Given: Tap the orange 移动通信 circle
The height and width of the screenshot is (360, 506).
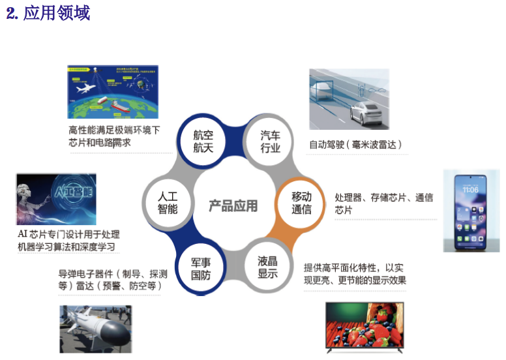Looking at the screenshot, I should [301, 203].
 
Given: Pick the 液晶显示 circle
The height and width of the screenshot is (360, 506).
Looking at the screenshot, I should [267, 267].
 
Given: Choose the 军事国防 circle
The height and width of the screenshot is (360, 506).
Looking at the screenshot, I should [200, 267].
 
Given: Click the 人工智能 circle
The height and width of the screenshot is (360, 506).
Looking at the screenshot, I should [168, 203].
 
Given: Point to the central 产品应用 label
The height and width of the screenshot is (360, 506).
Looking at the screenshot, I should [233, 206].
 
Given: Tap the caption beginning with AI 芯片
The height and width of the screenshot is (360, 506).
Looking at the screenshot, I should [68, 241].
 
